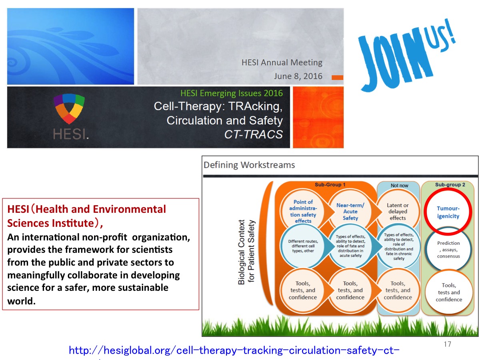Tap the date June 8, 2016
[x=298, y=76]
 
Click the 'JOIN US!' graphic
[x=407, y=55]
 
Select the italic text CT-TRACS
[x=254, y=134]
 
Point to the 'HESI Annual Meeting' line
[x=282, y=62]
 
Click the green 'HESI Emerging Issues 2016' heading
[x=232, y=93]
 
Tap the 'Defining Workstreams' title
[x=249, y=165]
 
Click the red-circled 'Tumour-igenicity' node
[x=448, y=212]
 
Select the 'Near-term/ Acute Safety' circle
[x=350, y=211]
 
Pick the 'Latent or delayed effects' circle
[x=398, y=211]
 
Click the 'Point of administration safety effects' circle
[x=303, y=211]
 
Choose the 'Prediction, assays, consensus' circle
[x=448, y=249]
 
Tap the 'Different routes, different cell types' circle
[x=303, y=246]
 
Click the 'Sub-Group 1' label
[x=330, y=185]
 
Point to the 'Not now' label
[x=399, y=186]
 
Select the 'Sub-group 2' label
[x=450, y=185]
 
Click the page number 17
[x=448, y=344]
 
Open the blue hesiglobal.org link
[x=234, y=351]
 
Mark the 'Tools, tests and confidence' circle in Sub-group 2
[x=449, y=292]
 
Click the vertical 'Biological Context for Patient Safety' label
[x=246, y=252]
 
